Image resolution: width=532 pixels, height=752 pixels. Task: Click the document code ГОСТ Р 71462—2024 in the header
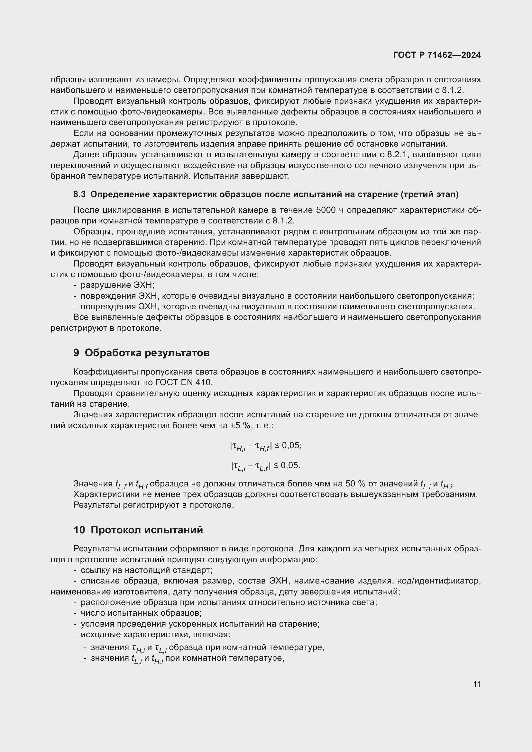(x=437, y=55)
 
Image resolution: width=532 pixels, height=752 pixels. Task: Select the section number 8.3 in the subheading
(x=79, y=195)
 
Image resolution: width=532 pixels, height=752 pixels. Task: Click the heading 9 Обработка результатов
(x=142, y=353)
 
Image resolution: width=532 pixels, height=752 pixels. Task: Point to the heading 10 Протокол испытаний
(x=138, y=530)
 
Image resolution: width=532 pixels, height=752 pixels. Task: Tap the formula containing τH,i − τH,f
(x=265, y=446)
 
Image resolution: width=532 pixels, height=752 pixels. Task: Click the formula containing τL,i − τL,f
(x=265, y=466)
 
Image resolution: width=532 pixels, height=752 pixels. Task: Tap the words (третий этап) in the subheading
(x=429, y=195)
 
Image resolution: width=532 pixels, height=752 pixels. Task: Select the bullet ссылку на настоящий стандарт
(x=146, y=570)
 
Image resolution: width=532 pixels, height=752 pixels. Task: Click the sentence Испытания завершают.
(x=241, y=176)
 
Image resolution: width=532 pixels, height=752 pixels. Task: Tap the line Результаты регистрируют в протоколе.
(x=154, y=505)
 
